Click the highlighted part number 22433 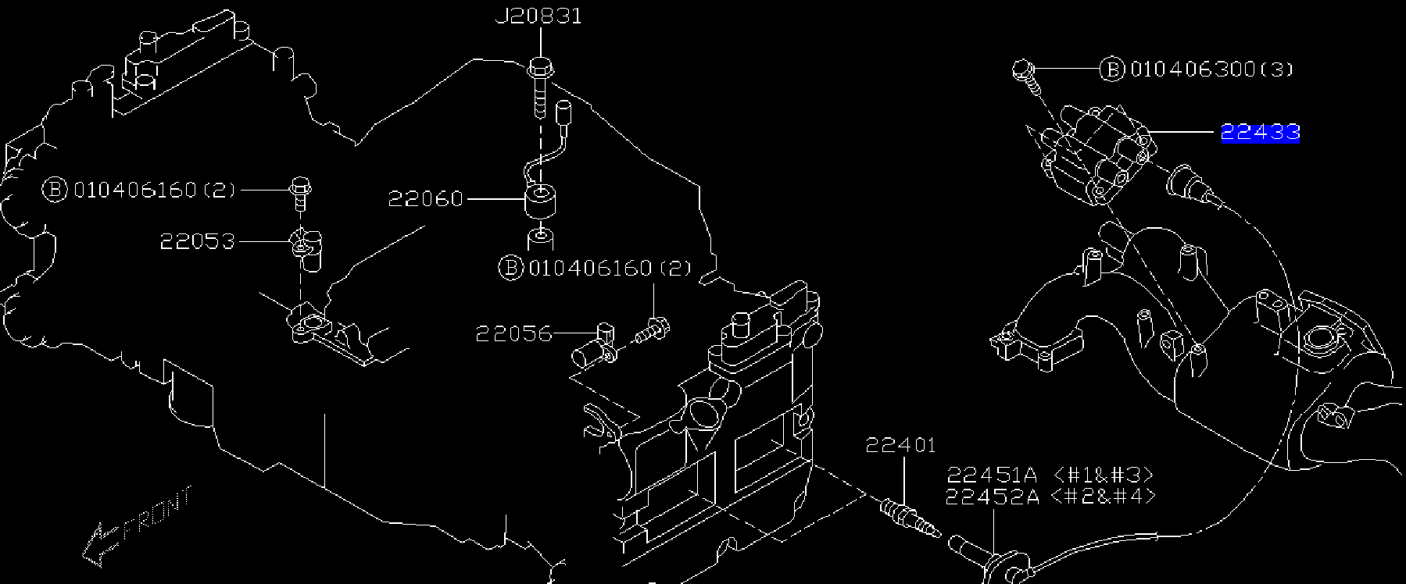[1260, 133]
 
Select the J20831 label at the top [538, 16]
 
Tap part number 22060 [426, 199]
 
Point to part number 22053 [197, 241]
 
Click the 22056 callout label [513, 334]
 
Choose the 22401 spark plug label [900, 446]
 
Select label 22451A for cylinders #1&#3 [992, 475]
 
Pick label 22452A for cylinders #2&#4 [992, 497]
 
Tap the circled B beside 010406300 [1111, 69]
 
